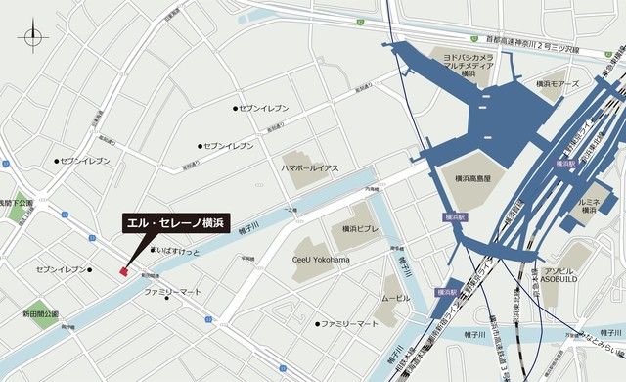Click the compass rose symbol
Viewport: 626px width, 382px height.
34,40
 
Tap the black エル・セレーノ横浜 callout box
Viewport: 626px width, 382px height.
176,224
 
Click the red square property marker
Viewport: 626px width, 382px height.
123,270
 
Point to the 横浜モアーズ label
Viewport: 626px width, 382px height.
559,86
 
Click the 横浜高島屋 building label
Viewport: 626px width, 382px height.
479,179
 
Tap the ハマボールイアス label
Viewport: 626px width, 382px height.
309,168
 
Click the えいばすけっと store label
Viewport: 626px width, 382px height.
179,251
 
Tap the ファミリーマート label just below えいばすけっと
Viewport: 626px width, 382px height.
173,293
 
